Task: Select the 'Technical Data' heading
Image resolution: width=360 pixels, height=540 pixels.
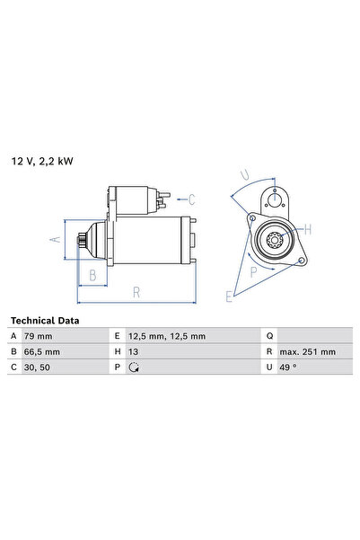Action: [x=44, y=320]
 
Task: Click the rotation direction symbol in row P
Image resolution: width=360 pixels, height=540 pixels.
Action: [x=136, y=367]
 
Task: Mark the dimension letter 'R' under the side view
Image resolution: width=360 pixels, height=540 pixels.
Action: [x=136, y=291]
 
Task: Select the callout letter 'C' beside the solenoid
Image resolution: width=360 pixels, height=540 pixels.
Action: [x=191, y=199]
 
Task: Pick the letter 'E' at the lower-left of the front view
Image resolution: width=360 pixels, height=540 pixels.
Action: [x=230, y=295]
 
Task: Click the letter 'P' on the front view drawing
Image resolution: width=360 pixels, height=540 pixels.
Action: [x=254, y=270]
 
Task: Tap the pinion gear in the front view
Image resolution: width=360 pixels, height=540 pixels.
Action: [x=275, y=240]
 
